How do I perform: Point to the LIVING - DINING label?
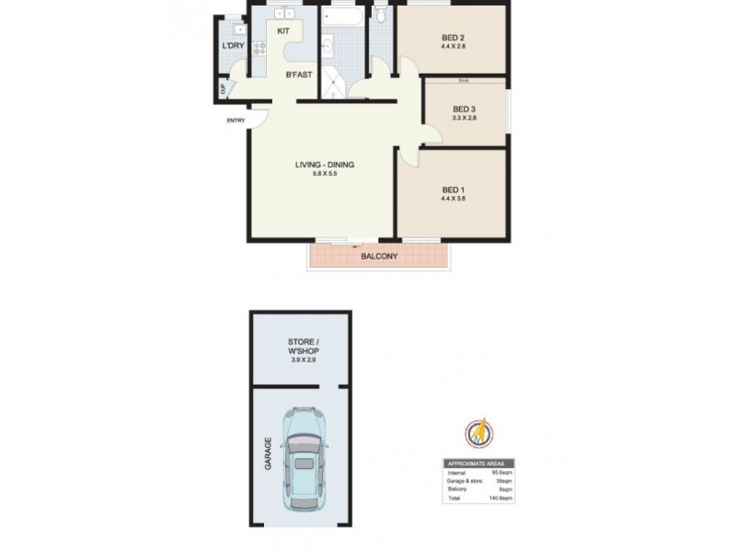(324, 166)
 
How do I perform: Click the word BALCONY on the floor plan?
(378, 257)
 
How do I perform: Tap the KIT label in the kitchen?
(284, 31)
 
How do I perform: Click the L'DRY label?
(233, 46)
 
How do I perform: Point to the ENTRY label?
(236, 121)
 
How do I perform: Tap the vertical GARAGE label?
(269, 453)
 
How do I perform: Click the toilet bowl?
(381, 16)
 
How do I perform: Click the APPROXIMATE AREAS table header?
(479, 464)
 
